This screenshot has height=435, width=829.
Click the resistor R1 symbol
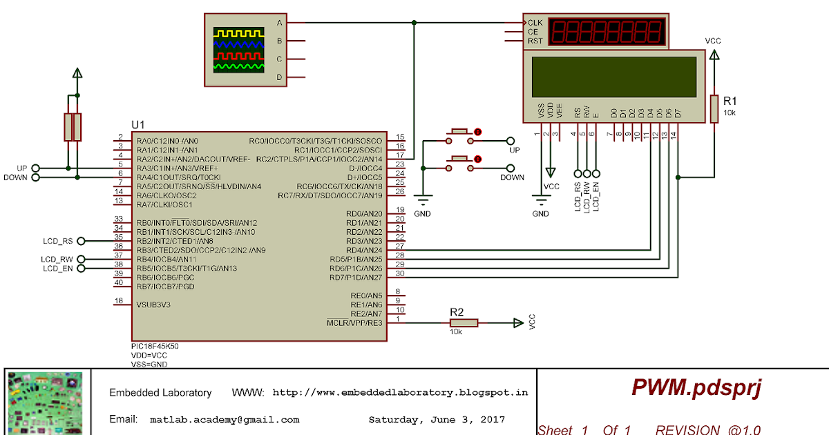click(714, 108)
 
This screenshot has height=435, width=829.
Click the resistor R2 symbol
click(463, 322)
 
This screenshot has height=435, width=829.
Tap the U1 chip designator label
click(138, 124)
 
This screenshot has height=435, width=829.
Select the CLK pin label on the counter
click(535, 22)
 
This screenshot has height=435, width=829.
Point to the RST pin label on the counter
click(535, 41)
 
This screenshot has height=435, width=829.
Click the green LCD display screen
click(613, 77)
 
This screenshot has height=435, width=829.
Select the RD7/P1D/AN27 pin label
click(356, 277)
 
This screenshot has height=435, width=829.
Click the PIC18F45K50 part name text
click(155, 345)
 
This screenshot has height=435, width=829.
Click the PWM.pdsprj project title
click(696, 388)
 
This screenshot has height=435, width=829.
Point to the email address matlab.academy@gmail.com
click(225, 419)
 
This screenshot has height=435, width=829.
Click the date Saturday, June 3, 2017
click(437, 419)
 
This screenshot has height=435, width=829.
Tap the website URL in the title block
click(400, 392)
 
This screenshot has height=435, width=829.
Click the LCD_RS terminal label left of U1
click(57, 241)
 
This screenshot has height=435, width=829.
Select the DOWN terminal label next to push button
click(512, 177)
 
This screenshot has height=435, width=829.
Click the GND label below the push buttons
click(422, 213)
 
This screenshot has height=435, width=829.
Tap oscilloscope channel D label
click(280, 77)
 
